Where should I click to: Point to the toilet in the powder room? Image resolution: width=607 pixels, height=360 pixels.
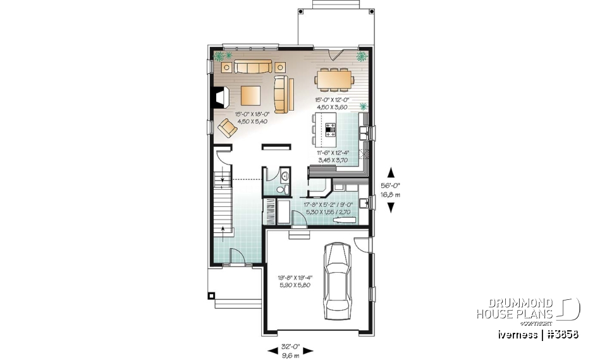coord(283,189)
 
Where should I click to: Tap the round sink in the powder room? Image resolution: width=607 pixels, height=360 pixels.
coord(284,175)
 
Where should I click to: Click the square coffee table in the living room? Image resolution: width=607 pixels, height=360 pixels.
coord(250,96)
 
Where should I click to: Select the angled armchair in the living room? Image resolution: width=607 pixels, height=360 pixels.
coord(228,128)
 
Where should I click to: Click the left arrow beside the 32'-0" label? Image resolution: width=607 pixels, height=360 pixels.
coord(269,347)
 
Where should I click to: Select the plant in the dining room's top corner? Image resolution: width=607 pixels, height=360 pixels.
coord(362,56)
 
